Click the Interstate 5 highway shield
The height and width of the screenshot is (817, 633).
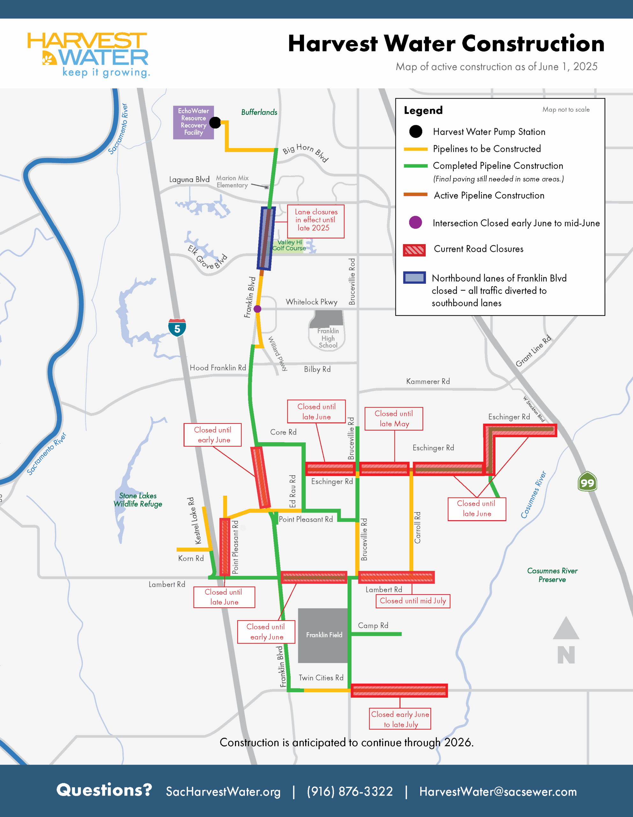coord(177,328)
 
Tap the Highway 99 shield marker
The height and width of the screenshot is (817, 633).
coord(587,482)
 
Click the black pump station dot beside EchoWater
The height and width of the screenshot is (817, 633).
coord(215,122)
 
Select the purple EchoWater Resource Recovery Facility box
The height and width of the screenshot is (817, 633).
coord(193,122)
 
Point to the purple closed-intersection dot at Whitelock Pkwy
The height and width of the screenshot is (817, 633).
coord(257,309)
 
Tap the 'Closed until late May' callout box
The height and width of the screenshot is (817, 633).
coord(394,419)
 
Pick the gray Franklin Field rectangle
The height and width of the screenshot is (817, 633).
coord(323,635)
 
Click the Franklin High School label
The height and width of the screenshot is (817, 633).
coord(328,338)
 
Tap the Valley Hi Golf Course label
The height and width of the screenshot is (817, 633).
coord(289,245)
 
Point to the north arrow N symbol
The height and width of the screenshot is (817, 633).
coord(566,641)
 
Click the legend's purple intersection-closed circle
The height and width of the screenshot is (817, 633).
coord(416,222)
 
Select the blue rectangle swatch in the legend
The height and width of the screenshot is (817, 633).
coord(414,278)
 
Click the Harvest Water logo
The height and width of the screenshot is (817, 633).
coord(88,55)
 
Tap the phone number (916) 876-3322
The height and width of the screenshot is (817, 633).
coord(350,791)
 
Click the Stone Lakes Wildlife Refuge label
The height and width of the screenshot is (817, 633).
coord(137,500)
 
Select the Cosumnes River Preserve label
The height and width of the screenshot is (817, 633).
coord(552,575)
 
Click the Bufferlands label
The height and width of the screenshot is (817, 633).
coord(259,112)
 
